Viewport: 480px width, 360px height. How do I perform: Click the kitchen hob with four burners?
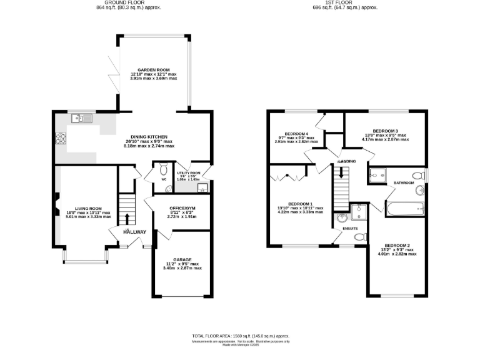click(x=61, y=139)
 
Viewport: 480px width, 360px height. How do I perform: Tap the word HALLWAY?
click(x=134, y=232)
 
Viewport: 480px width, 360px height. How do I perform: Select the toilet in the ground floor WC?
click(x=164, y=169)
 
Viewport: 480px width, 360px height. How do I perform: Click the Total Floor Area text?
click(x=240, y=336)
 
